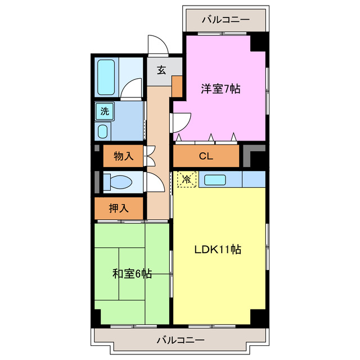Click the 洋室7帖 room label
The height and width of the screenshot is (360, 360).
coord(221,88)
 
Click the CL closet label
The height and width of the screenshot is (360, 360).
coord(206,157)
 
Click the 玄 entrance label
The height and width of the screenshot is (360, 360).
coord(161,70)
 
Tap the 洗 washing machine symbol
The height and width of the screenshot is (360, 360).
coord(105,111)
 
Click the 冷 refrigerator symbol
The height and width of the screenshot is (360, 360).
coord(186,179)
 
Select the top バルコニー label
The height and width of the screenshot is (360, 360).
coord(225,20)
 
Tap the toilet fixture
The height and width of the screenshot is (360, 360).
coord(118,182)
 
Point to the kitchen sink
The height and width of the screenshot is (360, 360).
coord(215,180)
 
